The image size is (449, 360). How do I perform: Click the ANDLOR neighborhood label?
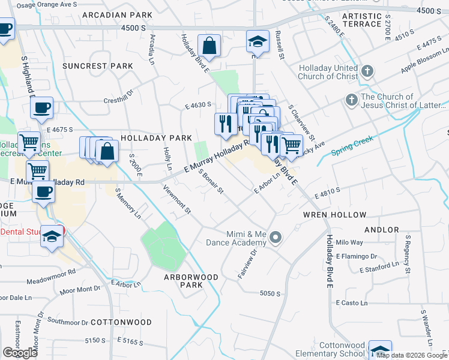coord(381,230)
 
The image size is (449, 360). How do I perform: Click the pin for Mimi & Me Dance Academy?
coord(276,238)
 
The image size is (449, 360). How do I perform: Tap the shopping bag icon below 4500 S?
coord(209,45)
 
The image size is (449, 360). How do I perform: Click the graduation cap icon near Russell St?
coord(257,41)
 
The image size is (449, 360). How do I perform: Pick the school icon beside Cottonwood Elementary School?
coord(380,351)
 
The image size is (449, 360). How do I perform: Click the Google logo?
coord(20,353)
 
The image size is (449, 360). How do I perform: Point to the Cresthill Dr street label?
coord(118,101)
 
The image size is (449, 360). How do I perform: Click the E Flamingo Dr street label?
coord(357,256)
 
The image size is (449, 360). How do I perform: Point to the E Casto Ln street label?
coord(352,304)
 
